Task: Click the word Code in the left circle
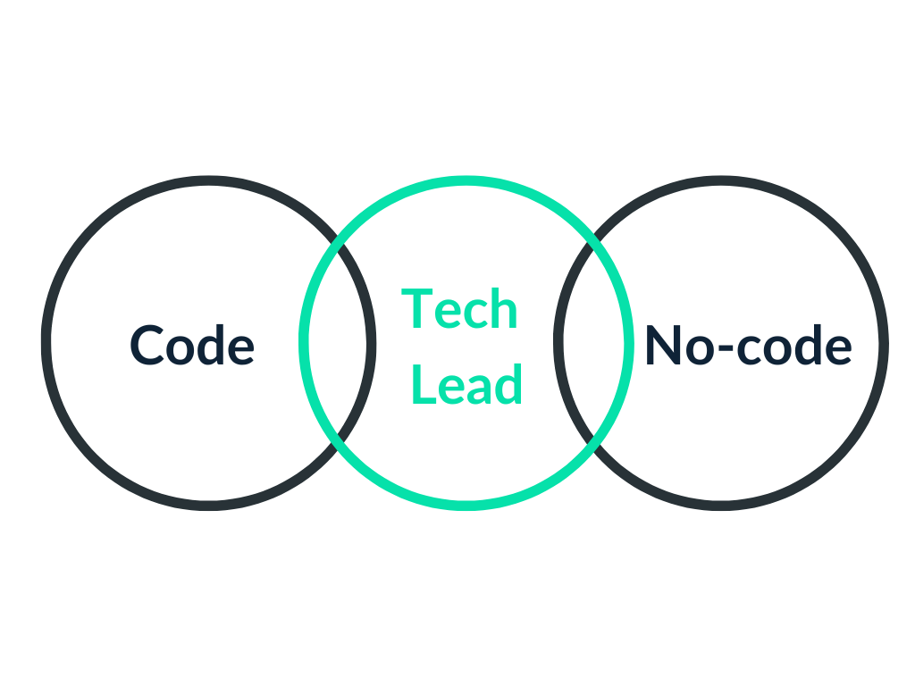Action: (x=192, y=345)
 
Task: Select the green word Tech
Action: (x=459, y=310)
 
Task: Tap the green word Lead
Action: (x=466, y=386)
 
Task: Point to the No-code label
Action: (x=748, y=345)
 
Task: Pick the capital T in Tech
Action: (x=416, y=309)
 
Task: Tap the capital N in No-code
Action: (x=662, y=345)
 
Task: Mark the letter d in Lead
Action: (x=509, y=385)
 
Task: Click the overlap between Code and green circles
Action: (x=337, y=343)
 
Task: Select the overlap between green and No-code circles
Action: (x=592, y=343)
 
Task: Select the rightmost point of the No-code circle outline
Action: (x=884, y=343)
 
